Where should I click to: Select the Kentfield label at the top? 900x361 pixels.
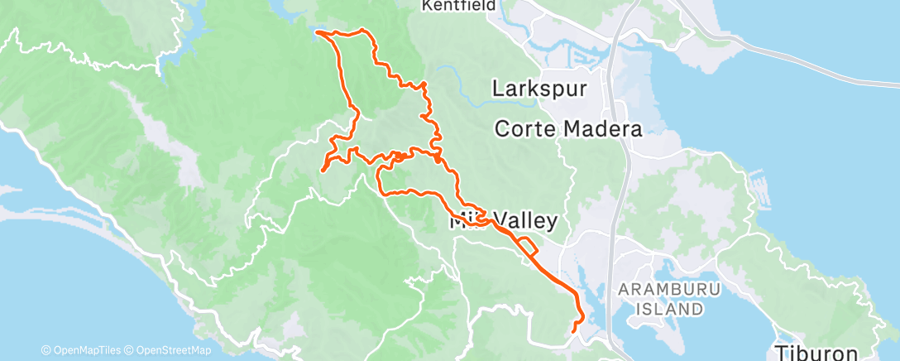pos(457,6)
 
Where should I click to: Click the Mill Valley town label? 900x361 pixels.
pos(503,222)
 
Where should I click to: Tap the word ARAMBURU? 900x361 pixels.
pos(670,289)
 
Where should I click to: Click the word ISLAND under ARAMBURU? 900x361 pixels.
pos(670,309)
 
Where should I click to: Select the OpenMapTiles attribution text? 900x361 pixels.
pos(85,350)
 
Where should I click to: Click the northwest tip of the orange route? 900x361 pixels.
pos(318,33)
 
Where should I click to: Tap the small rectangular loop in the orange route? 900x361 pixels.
pos(529,245)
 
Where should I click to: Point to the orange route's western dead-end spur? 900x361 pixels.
pos(322,171)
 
